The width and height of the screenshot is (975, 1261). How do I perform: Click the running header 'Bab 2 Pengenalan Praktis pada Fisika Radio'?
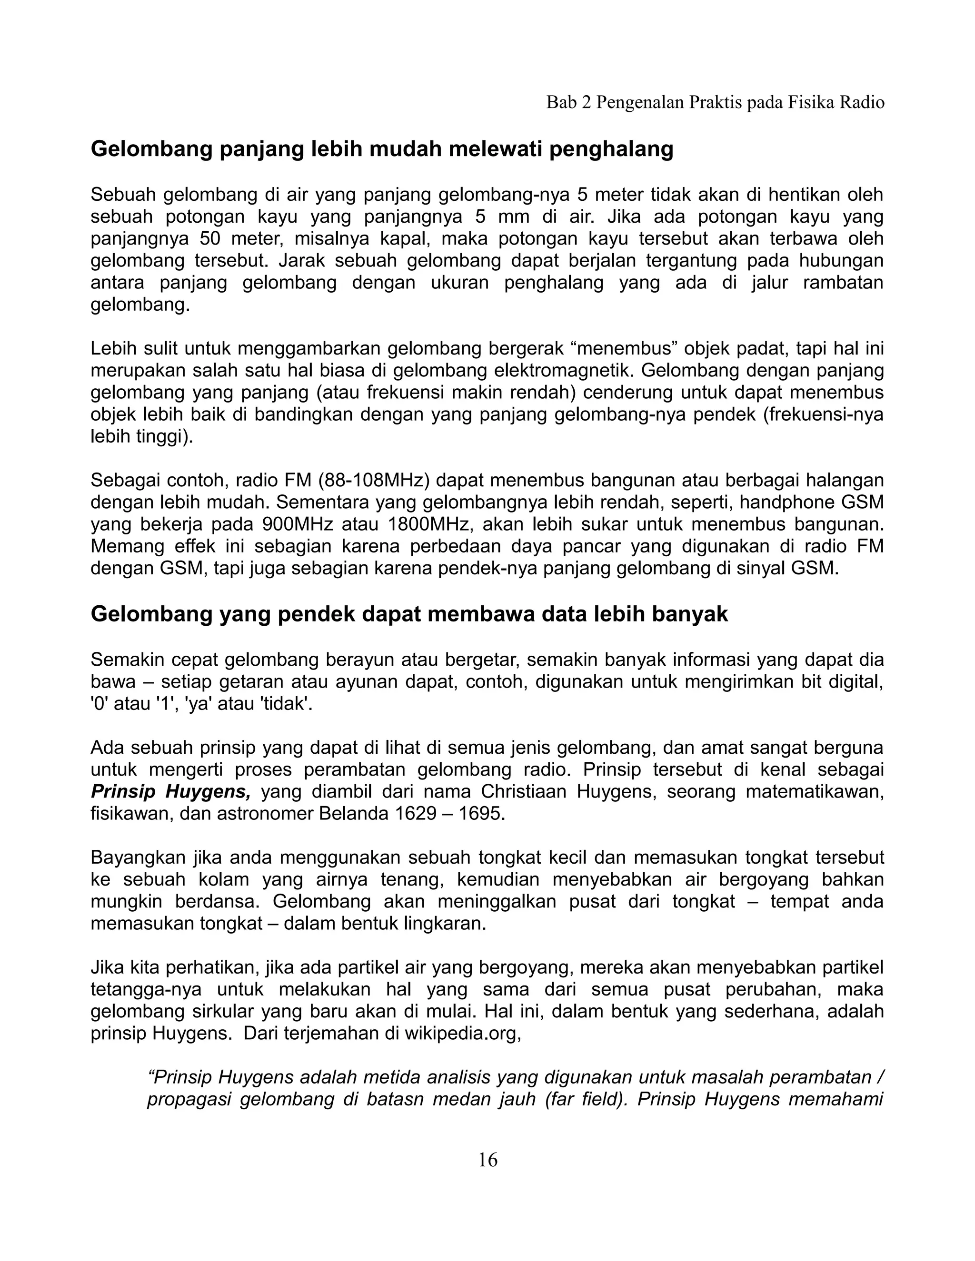pos(715,103)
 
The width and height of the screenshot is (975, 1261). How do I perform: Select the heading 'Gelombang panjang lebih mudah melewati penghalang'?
pos(382,149)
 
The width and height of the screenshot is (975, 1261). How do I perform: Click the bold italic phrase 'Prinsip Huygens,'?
pos(170,792)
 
